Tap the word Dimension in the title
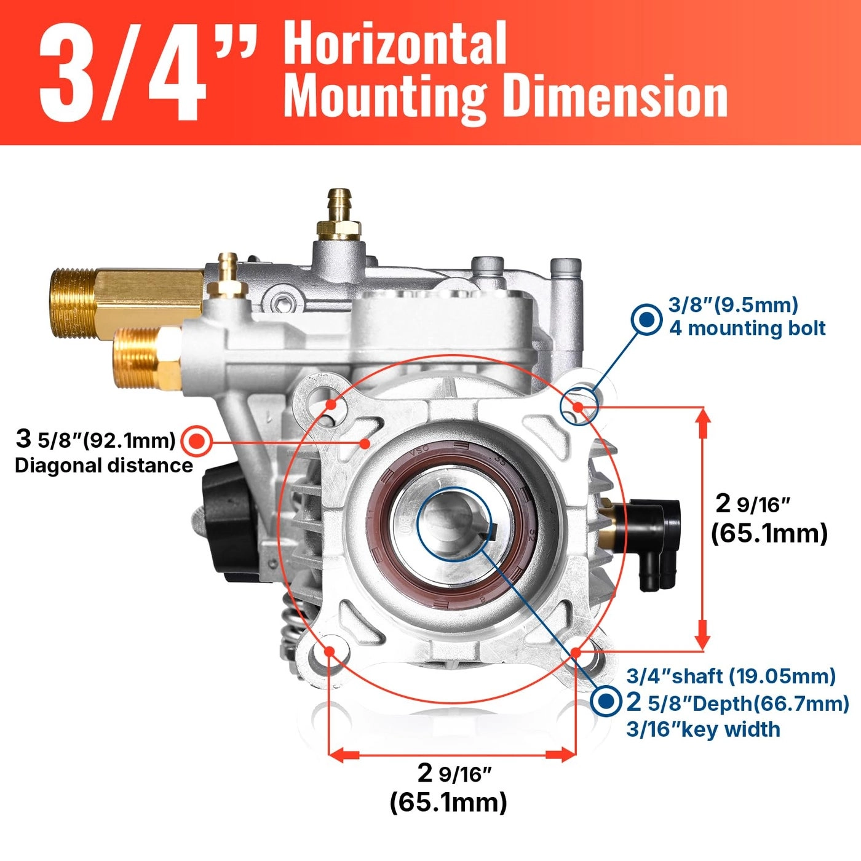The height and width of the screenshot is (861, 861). point(616,97)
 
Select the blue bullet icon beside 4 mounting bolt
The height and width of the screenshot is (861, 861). point(646,319)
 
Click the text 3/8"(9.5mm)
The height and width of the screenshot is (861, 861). point(732,304)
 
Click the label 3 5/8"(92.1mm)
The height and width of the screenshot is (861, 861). point(96,440)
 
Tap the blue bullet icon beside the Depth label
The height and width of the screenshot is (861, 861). point(606,701)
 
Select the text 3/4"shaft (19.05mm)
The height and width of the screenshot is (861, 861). point(731,676)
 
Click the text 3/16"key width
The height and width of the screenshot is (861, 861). point(703,729)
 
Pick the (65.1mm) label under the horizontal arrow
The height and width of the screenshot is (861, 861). point(448,802)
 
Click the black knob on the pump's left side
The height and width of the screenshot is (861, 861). point(228,523)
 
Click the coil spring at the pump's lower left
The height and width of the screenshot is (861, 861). point(292,627)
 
